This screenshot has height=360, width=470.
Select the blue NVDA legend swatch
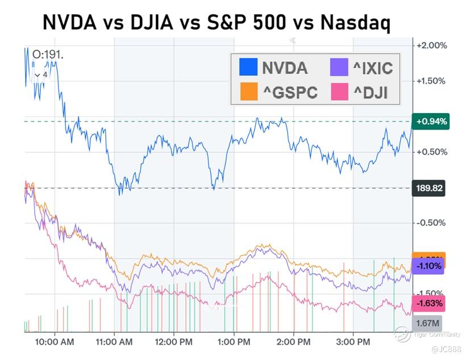click(248, 67)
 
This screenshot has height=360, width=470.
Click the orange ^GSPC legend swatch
click(248, 91)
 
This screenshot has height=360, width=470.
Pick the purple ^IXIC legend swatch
click(339, 67)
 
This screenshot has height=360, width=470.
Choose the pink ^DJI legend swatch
click(339, 91)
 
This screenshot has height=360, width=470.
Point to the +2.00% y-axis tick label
click(432, 45)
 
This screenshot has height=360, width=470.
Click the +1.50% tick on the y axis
click(432, 81)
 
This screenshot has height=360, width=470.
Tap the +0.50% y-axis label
click(432, 152)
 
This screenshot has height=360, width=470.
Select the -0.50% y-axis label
click(432, 222)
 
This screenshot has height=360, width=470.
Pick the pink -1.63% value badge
click(429, 303)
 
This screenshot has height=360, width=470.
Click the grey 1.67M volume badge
click(427, 323)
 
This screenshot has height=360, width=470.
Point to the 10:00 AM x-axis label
click(55, 342)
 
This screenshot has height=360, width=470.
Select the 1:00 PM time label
click(234, 342)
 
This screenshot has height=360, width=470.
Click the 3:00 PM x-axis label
click(353, 342)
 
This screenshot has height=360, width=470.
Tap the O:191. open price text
click(48, 55)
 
